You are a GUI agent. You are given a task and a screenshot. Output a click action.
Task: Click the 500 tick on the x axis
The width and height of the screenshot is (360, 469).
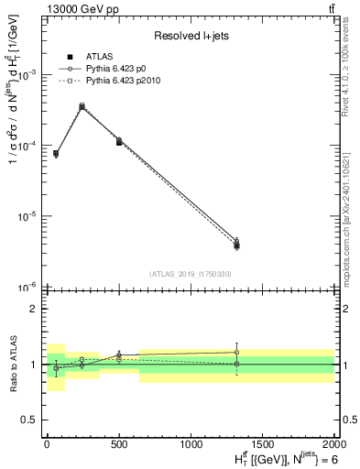[x=119, y=443]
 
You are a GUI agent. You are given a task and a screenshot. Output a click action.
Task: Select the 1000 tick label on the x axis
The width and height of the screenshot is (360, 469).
[x=191, y=443]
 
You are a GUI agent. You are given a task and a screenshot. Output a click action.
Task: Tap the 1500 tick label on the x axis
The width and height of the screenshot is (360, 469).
[x=263, y=443]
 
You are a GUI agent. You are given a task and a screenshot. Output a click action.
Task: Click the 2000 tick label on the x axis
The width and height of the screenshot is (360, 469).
[x=333, y=443]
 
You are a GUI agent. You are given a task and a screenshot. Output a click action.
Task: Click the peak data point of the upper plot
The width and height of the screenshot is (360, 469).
[x=82, y=107]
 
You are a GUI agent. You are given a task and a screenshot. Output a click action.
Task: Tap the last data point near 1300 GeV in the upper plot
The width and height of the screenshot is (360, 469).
[x=236, y=244]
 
